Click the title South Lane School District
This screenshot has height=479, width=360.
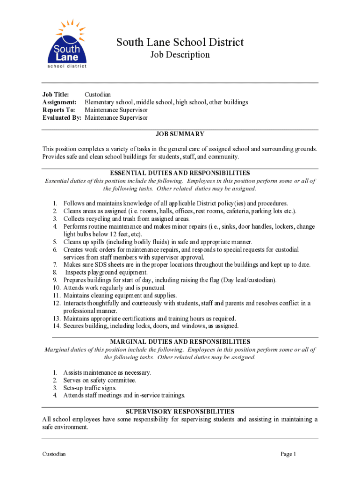[x=180, y=43]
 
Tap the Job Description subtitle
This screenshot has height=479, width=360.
[x=180, y=55]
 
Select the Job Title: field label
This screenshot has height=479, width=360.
[x=56, y=94]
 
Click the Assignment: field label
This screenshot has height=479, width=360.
[x=59, y=102]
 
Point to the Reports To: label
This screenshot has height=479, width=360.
[x=58, y=110]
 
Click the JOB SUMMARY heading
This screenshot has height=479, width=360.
[x=180, y=134]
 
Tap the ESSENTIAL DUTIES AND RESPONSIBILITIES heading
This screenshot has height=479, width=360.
[x=180, y=173]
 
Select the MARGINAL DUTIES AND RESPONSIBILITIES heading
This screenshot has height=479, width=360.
[x=180, y=342]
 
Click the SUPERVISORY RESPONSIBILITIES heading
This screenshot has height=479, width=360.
[x=180, y=412]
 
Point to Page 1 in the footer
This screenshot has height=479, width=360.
[x=288, y=454]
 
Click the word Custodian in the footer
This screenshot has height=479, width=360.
[x=54, y=454]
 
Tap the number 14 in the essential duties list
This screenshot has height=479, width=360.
[x=57, y=326]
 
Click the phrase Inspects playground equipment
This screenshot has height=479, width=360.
[x=106, y=272]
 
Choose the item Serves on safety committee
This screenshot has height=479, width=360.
[x=100, y=380]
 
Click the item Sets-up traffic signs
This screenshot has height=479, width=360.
[x=90, y=388]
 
